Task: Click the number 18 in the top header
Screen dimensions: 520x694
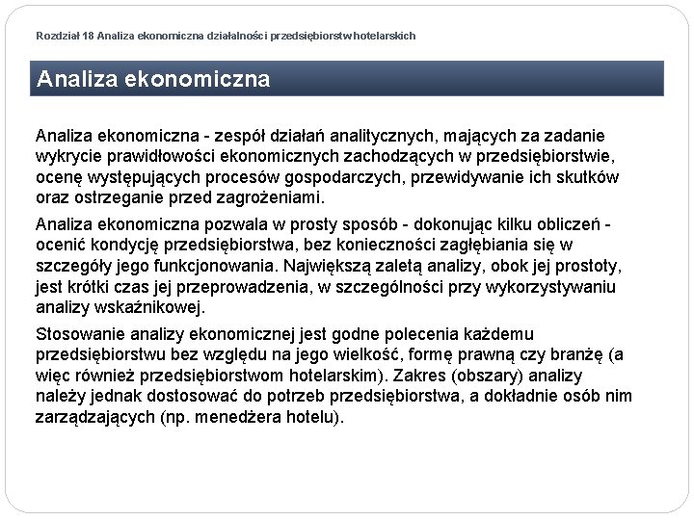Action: click(x=89, y=36)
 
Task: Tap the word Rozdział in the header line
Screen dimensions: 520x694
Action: click(x=58, y=36)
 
